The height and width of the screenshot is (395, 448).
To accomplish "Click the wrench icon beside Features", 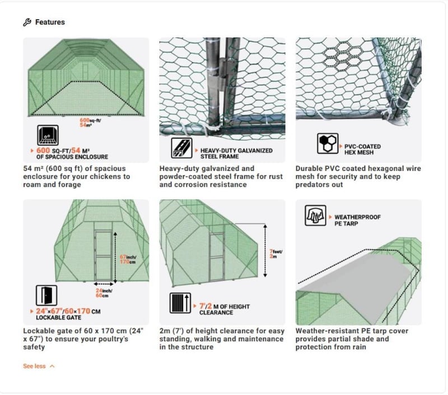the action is click(x=26, y=22).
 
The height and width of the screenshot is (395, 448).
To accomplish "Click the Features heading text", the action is click(x=50, y=22).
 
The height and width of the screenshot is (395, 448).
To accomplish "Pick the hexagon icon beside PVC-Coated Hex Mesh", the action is click(x=326, y=144).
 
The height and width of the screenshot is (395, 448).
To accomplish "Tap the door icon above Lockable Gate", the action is click(x=46, y=295).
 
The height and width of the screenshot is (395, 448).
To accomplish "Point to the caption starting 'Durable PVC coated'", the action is click(x=358, y=176).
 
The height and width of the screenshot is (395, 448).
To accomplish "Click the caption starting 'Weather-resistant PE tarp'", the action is click(x=358, y=339).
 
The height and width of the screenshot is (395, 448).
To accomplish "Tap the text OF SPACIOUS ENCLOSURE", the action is click(x=72, y=157).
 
